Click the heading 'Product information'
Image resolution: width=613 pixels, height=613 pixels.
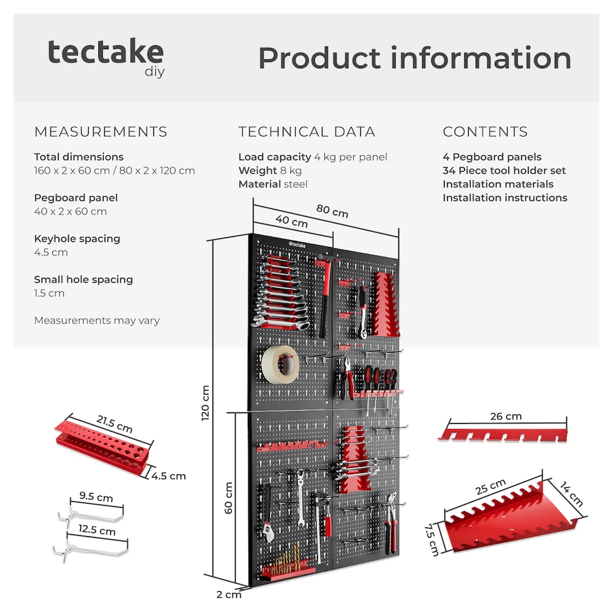pyautogui.click(x=414, y=58)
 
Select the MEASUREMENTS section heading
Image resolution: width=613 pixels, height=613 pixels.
pyautogui.click(x=100, y=132)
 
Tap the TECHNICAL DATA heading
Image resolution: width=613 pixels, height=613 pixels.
pyautogui.click(x=306, y=132)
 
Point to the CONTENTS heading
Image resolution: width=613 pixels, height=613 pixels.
pyautogui.click(x=485, y=132)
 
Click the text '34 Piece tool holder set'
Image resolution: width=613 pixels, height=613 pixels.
pyautogui.click(x=504, y=170)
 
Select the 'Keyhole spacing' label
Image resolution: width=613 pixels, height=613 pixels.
pyautogui.click(x=77, y=238)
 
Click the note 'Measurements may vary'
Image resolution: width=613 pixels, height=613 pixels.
pyautogui.click(x=96, y=321)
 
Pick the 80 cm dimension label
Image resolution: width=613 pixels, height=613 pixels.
pyautogui.click(x=332, y=211)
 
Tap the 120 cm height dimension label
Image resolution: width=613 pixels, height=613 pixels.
pyautogui.click(x=206, y=402)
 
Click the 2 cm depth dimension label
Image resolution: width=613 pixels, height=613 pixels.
pyautogui.click(x=229, y=594)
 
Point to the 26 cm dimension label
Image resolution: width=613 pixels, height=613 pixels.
pyautogui.click(x=505, y=416)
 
